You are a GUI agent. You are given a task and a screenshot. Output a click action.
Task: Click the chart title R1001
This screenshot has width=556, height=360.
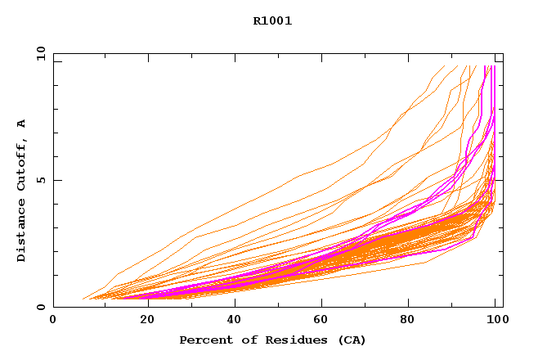click(x=272, y=21)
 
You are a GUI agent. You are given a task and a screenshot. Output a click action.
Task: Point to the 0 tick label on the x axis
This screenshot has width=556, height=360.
click(x=53, y=320)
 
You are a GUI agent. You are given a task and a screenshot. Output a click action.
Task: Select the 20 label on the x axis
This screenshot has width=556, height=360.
click(x=142, y=320)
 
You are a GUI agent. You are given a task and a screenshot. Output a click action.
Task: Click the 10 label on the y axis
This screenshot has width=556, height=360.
click(x=41, y=53)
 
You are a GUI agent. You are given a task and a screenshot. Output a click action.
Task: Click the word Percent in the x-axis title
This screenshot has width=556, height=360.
click(x=202, y=340)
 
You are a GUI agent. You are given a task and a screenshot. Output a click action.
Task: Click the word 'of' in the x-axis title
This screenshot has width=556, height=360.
click(x=240, y=340)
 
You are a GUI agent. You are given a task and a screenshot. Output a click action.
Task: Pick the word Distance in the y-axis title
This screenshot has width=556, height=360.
click(x=21, y=232)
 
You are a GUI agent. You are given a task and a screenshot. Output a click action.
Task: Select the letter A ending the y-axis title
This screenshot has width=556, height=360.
click(x=21, y=124)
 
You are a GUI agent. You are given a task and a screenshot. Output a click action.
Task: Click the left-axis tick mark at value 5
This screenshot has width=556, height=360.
click(x=56, y=180)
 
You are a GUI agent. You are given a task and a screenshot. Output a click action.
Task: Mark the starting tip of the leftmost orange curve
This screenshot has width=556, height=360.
click(x=83, y=299)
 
